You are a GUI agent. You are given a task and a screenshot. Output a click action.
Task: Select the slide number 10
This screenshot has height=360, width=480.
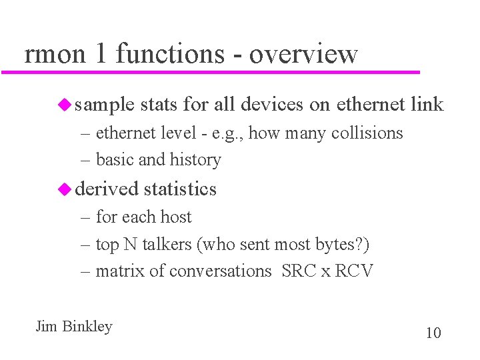pyautogui.click(x=433, y=333)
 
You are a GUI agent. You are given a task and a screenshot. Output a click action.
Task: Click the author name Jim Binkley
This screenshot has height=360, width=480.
pyautogui.click(x=74, y=327)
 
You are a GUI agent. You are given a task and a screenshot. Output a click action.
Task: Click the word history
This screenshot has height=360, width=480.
pyautogui.click(x=195, y=160)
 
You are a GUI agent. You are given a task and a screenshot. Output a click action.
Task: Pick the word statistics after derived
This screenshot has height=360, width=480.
pyautogui.click(x=180, y=189)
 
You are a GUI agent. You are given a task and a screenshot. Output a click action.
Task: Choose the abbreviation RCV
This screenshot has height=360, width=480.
pyautogui.click(x=353, y=271)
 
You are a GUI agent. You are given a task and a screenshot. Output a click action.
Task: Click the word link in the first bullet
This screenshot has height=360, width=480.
pyautogui.click(x=427, y=105)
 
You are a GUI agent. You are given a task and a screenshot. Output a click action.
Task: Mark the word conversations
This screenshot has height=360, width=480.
pyautogui.click(x=221, y=271)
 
